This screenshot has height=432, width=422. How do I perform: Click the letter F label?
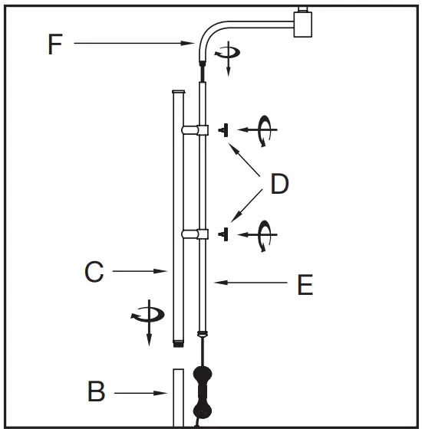pyautogui.click(x=54, y=44)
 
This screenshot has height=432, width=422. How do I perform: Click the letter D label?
pyautogui.click(x=279, y=185)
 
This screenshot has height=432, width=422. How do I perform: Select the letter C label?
pyautogui.click(x=94, y=272)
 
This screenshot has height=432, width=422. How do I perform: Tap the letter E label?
pyautogui.click(x=305, y=285)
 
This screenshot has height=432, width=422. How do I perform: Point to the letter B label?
pyautogui.click(x=96, y=393)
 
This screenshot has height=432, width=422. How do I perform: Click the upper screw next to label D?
pyautogui.click(x=224, y=131)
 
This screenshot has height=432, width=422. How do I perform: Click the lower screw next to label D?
pyautogui.click(x=224, y=233)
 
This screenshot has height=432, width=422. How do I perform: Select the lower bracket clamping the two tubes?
pyautogui.click(x=195, y=233)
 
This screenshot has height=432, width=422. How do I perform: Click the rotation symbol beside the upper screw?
pyautogui.click(x=265, y=131)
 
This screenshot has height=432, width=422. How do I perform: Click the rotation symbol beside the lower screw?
pyautogui.click(x=265, y=233)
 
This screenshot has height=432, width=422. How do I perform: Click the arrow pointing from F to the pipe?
pyautogui.click(x=134, y=44)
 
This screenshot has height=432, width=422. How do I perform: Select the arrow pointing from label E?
pyautogui.click(x=249, y=283)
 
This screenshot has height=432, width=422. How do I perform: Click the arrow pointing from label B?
pyautogui.click(x=141, y=394)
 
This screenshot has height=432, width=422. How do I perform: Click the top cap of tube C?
pyautogui.click(x=178, y=93)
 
